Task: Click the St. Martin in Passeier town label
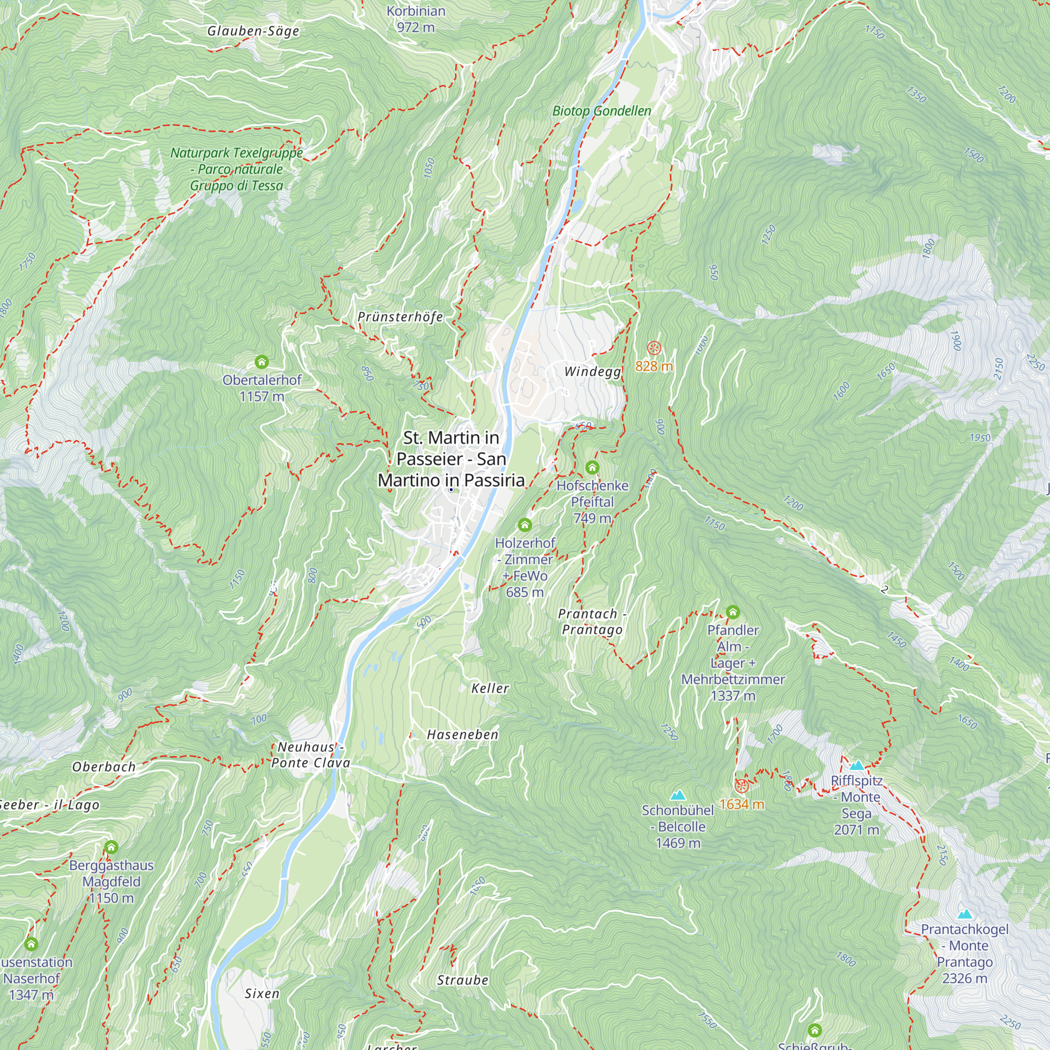(x=451, y=459)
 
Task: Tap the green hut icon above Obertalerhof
(x=261, y=362)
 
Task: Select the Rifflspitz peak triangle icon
(x=856, y=766)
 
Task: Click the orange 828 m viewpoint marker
(x=654, y=348)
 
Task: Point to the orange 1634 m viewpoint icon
(x=741, y=786)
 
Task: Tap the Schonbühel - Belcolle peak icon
(x=677, y=796)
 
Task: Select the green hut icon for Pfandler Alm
(x=732, y=613)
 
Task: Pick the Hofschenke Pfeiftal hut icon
(x=592, y=467)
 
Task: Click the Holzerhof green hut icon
(x=524, y=525)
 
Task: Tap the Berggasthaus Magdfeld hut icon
(x=111, y=847)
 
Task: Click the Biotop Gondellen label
(x=602, y=111)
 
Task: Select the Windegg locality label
(x=592, y=372)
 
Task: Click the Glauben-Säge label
(x=253, y=31)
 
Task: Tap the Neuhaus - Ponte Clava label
(x=311, y=755)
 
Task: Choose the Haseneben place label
(x=463, y=735)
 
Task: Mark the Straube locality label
(x=463, y=980)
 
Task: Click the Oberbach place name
(x=104, y=767)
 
